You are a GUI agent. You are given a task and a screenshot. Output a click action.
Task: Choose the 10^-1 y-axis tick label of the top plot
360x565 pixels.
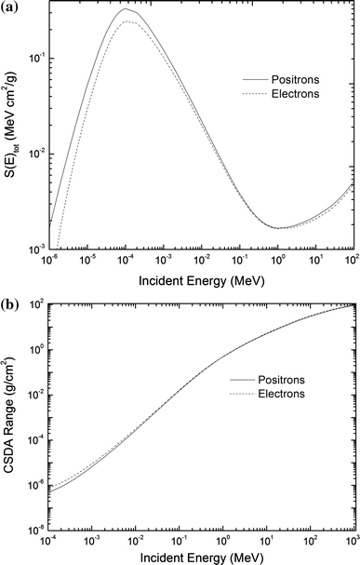(x=35, y=58)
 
